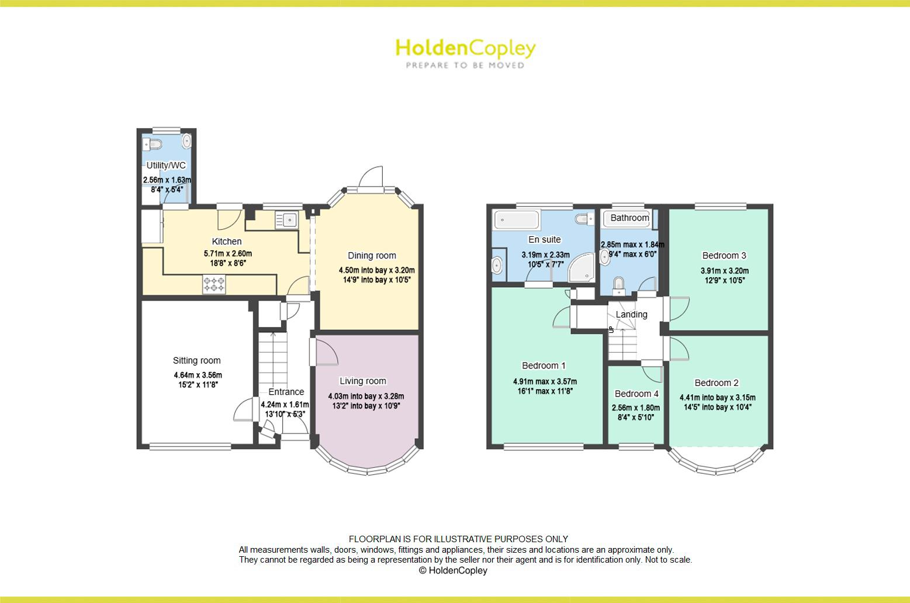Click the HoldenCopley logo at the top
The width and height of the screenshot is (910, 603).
tap(465, 49)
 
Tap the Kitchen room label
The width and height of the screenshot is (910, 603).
tap(226, 242)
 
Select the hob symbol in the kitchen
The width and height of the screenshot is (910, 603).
tap(214, 285)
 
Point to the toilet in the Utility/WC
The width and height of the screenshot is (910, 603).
tap(154, 143)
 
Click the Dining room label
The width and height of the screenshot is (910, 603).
tap(372, 256)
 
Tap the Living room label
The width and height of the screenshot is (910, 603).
tap(362, 381)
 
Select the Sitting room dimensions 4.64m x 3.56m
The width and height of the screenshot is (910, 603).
tap(198, 375)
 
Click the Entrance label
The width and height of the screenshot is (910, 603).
tap(286, 392)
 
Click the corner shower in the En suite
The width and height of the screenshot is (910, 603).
tap(583, 267)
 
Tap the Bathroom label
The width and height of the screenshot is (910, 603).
tap(629, 218)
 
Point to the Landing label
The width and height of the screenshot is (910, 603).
tap(631, 315)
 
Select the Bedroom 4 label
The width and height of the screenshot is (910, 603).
tap(636, 394)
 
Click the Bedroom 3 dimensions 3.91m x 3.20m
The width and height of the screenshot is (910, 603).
tap(724, 271)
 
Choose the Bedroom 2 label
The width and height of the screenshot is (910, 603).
tap(717, 383)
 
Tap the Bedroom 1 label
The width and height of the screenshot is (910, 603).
tap(544, 366)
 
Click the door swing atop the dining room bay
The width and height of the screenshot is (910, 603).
tap(371, 176)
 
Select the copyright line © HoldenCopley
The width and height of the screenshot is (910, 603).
tap(453, 570)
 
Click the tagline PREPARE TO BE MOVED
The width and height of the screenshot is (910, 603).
tap(465, 66)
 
